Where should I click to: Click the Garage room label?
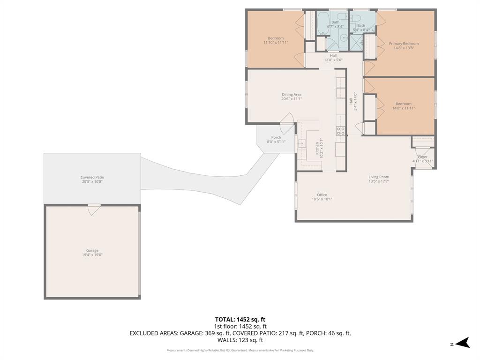(x=92, y=250)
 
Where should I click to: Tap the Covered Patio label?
(x=92, y=177)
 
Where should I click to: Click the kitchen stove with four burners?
(x=341, y=131)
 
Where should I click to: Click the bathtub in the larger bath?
(x=323, y=22)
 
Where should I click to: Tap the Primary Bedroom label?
(x=404, y=44)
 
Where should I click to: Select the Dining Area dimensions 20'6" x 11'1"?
(x=291, y=99)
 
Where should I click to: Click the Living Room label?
(x=379, y=177)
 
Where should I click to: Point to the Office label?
(x=322, y=195)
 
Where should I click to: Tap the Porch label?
(x=276, y=137)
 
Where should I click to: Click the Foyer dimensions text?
(x=422, y=161)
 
